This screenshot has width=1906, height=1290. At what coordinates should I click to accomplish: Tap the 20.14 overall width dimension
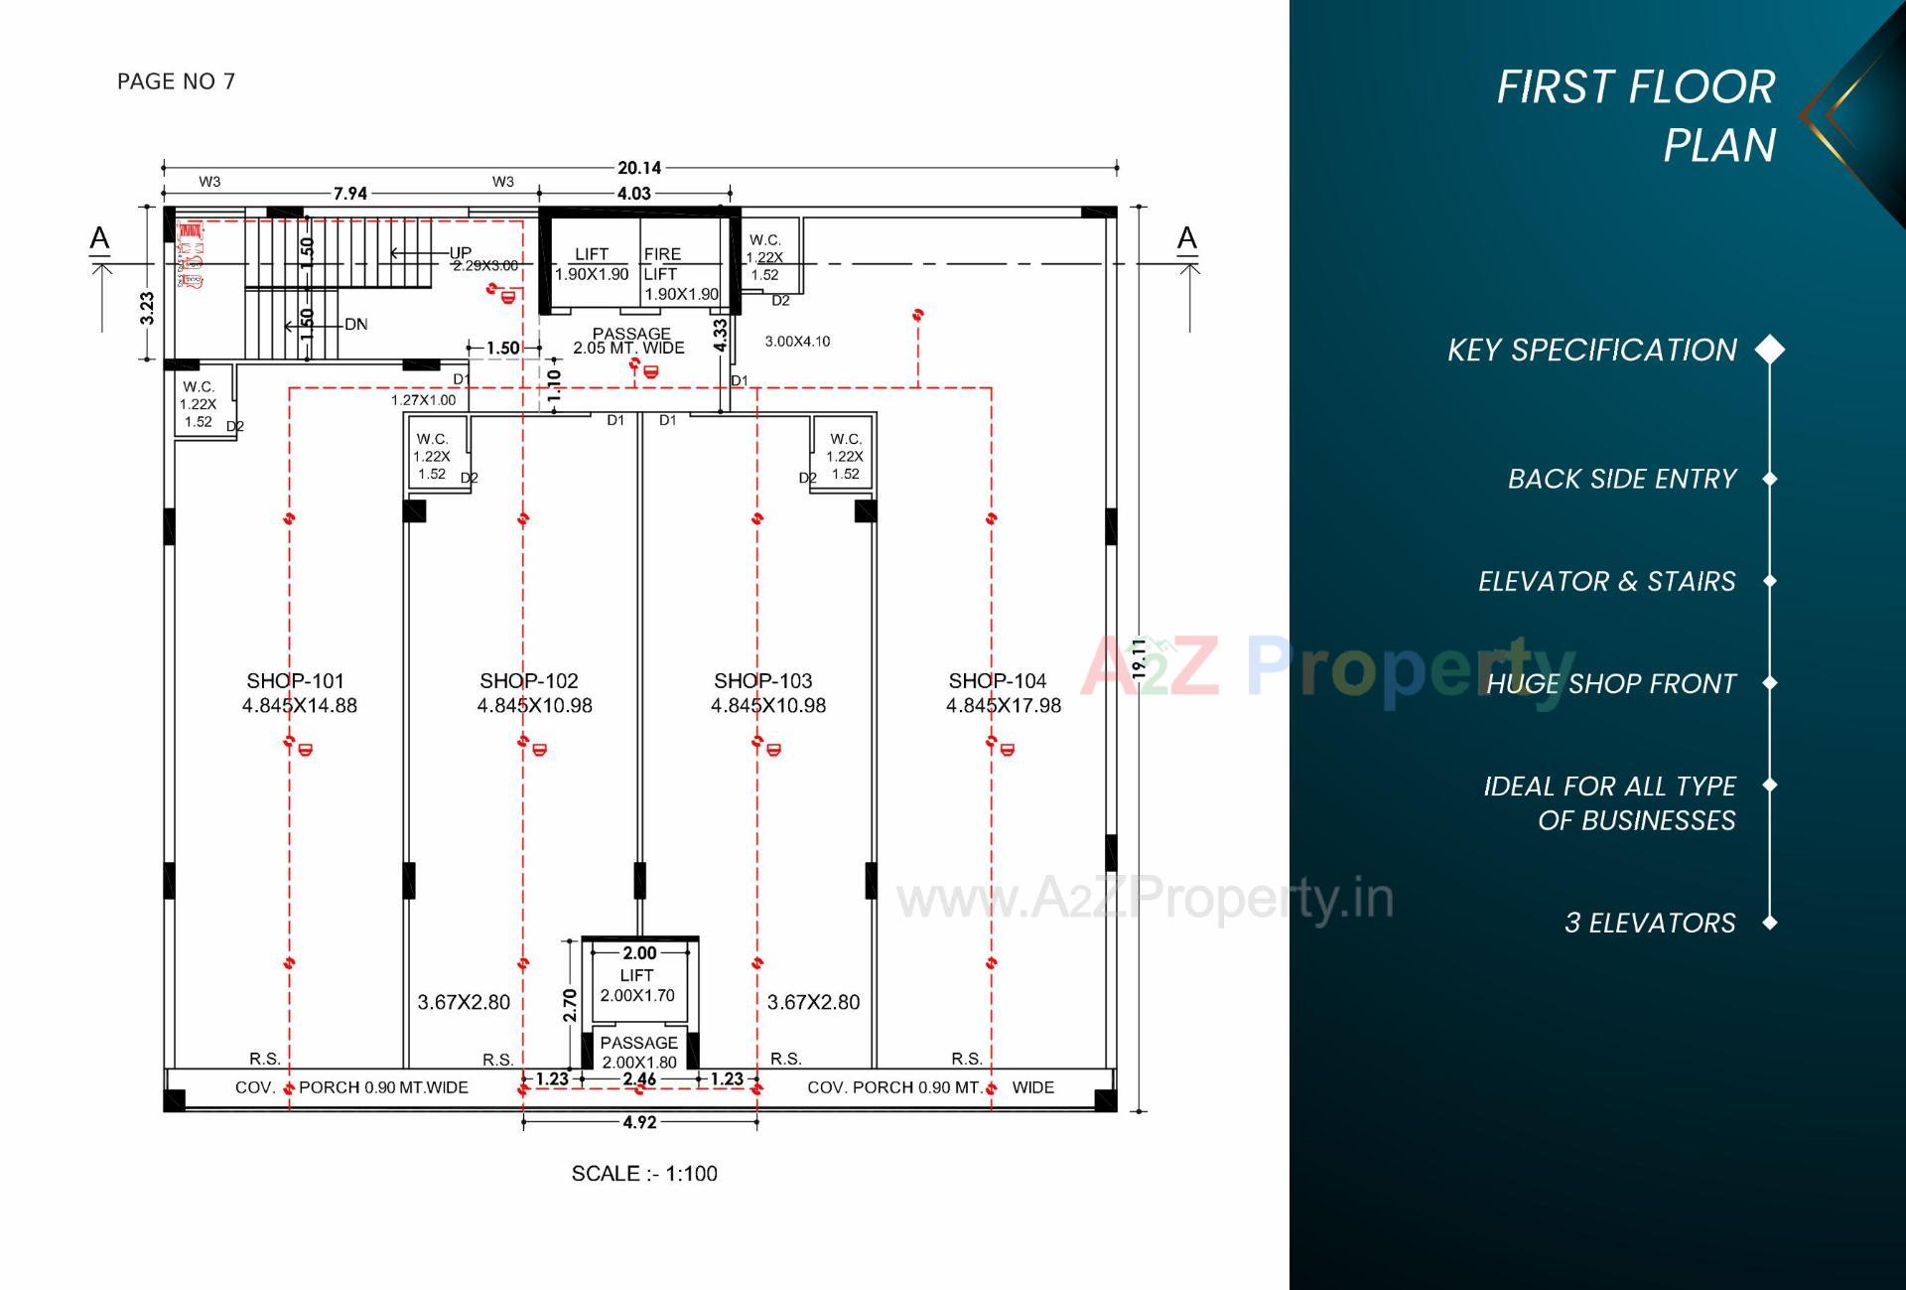coord(639,168)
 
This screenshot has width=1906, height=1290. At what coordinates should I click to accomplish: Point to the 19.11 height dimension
coord(1139,658)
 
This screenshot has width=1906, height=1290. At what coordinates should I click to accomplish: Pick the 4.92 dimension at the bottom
coord(639,1122)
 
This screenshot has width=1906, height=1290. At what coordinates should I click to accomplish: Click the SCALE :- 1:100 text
coord(644,1173)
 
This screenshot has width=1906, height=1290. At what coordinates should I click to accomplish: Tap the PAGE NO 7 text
coord(176,81)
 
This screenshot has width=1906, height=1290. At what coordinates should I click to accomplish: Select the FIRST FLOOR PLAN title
coord(1635,115)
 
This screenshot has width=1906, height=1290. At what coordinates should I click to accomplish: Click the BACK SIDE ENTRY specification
coord(1621,479)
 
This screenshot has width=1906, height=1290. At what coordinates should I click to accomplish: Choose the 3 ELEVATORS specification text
coord(1649,923)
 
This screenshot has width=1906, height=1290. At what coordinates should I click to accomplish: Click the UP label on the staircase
coord(460,252)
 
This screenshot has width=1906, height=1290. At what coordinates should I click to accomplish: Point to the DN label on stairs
coord(355,324)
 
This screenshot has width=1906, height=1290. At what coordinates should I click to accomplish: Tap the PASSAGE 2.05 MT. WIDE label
coord(629,341)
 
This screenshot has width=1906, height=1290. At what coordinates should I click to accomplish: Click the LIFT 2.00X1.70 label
coord(637,985)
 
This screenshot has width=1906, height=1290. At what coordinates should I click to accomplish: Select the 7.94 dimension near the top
coord(350,194)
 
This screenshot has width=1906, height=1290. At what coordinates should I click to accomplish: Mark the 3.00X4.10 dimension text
coord(797,341)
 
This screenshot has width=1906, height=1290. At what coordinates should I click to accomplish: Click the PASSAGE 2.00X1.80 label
coord(639,1052)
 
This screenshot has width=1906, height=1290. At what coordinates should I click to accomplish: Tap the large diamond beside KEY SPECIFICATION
coord(1769,350)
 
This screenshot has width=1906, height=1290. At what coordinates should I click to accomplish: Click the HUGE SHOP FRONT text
coord(1610,683)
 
